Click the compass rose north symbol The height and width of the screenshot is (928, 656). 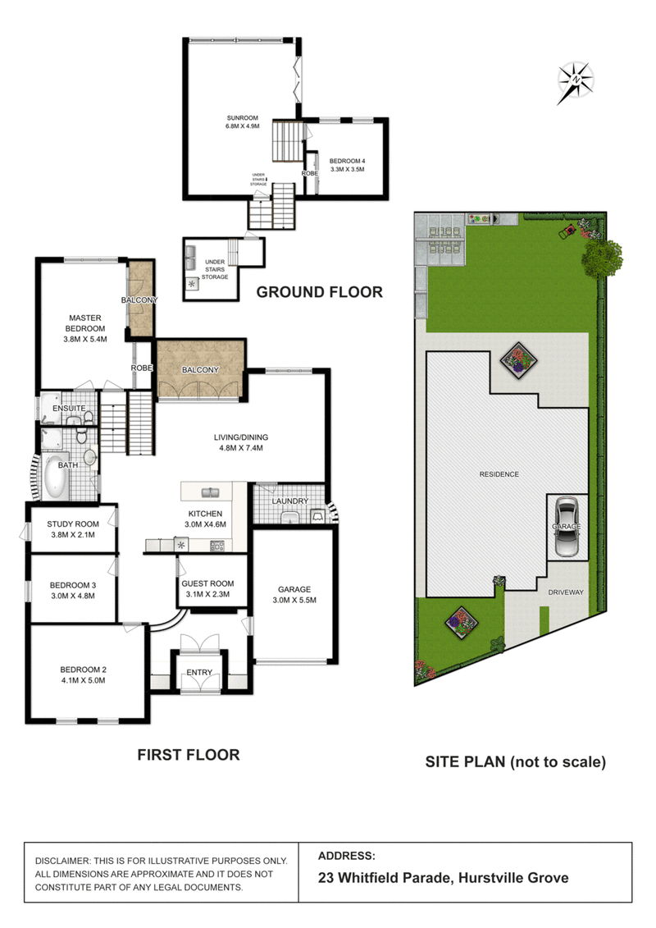pos(576,80)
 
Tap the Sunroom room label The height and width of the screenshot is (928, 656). pos(242,119)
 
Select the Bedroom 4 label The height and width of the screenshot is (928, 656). pos(345,162)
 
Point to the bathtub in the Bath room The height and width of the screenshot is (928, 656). pos(55,478)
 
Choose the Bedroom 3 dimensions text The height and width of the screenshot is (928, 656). pos(72,595)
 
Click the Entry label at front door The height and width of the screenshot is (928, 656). pos(199,673)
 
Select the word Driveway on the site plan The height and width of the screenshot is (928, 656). pos(566,591)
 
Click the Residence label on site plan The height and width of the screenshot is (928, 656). pos(499,474)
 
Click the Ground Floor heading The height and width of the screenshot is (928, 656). pos(319,291)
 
